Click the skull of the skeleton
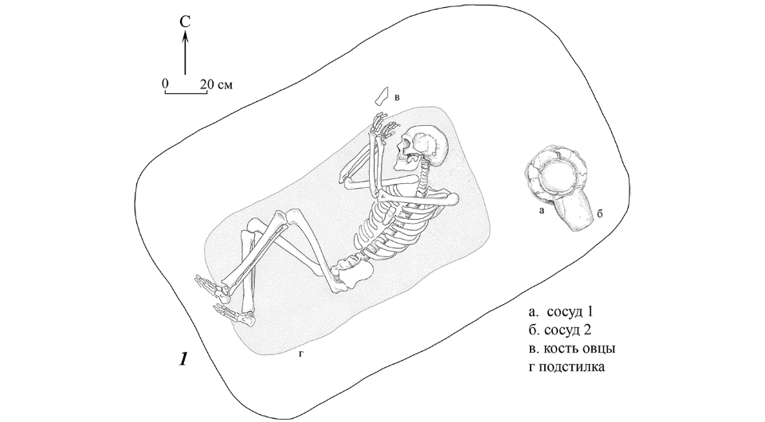click(422, 147)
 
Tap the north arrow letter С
click(185, 22)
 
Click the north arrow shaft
click(185, 53)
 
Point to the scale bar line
click(186, 92)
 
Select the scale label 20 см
click(216, 84)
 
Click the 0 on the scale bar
click(166, 84)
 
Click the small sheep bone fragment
click(380, 96)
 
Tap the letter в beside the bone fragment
click(397, 97)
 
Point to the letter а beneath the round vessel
click(540, 210)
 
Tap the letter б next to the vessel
click(601, 213)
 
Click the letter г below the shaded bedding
click(301, 354)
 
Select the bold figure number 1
click(183, 359)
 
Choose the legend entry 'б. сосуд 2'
click(560, 330)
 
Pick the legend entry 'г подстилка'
click(567, 366)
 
